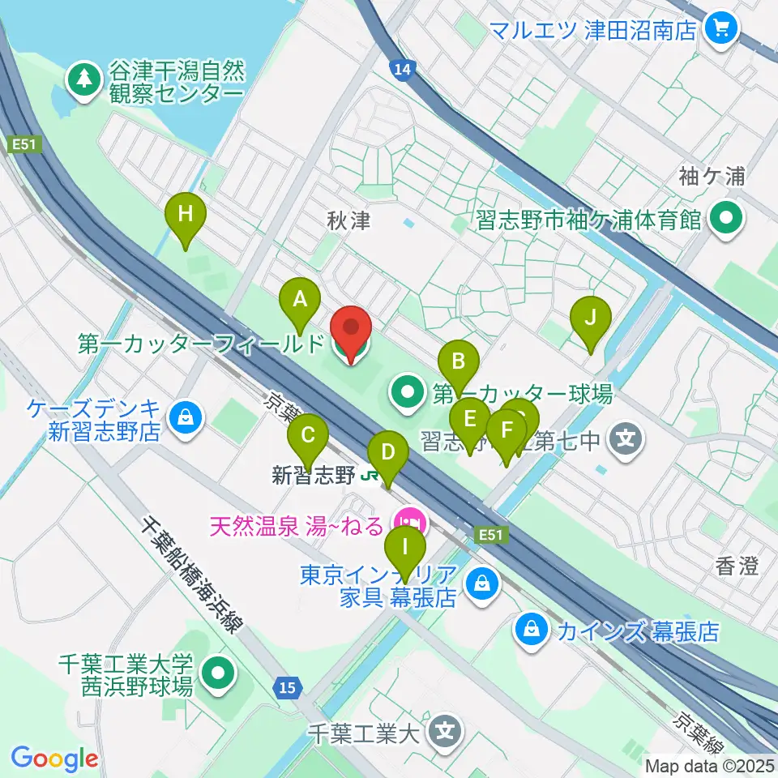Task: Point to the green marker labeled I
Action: coord(405,554)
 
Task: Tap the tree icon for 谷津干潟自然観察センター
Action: coord(83,79)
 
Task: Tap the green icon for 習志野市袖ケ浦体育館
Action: coord(725,220)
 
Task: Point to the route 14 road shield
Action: coord(400,70)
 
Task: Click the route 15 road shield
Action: coord(287,688)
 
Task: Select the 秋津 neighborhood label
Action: coord(348,220)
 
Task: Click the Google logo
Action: coord(54,759)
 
